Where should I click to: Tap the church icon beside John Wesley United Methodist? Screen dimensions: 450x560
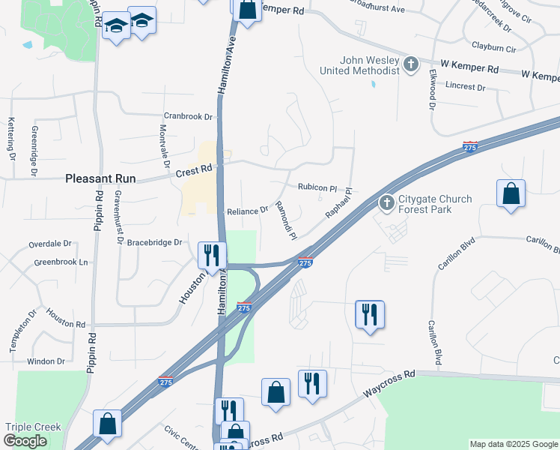click(x=411, y=64)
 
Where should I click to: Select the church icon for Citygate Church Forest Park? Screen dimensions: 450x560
click(x=386, y=202)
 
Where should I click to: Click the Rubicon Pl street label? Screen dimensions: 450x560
click(x=318, y=187)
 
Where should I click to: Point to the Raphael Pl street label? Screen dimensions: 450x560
click(x=338, y=204)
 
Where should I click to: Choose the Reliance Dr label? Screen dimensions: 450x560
click(x=247, y=211)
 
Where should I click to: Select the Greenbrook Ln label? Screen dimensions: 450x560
click(x=61, y=262)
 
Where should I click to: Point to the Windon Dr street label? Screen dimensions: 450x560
click(x=46, y=361)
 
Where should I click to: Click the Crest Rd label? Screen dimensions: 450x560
click(x=196, y=172)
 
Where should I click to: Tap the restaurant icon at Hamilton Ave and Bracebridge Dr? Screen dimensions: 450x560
click(x=210, y=255)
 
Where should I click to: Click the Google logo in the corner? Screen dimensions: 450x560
click(x=25, y=442)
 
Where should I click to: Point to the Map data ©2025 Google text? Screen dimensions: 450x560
click(x=513, y=444)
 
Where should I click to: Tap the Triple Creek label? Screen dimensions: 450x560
click(x=33, y=427)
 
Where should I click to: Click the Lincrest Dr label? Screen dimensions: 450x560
click(x=464, y=86)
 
